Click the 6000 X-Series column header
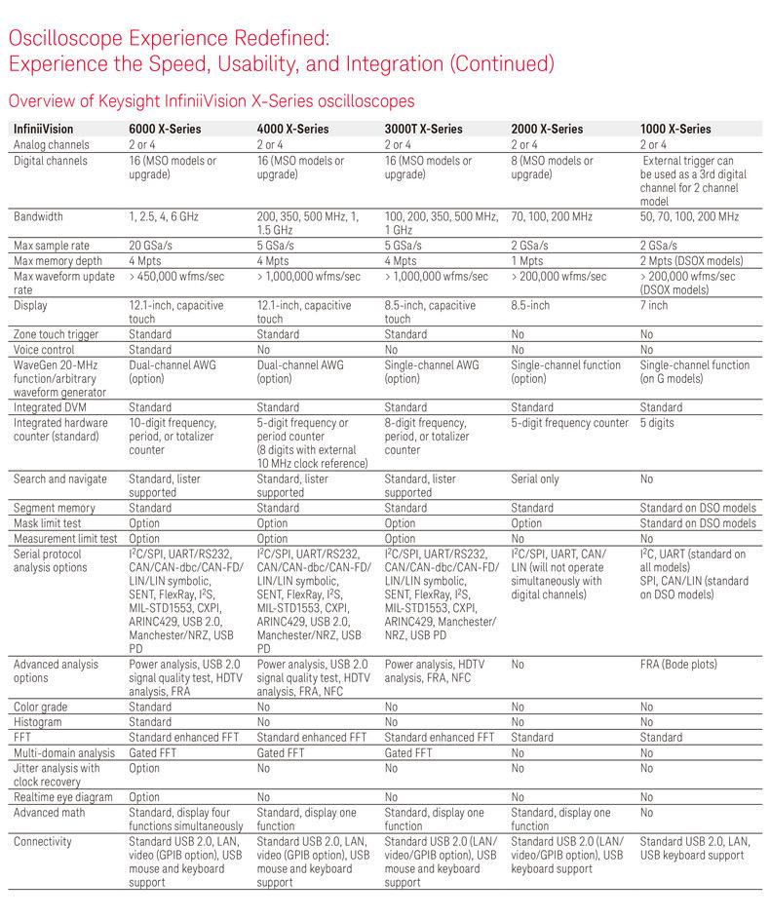[165, 129]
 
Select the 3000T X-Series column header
[421, 129]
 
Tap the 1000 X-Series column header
[675, 129]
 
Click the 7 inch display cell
[654, 305]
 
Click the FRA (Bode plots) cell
[677, 664]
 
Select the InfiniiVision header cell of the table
[43, 129]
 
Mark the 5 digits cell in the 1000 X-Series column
[658, 423]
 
